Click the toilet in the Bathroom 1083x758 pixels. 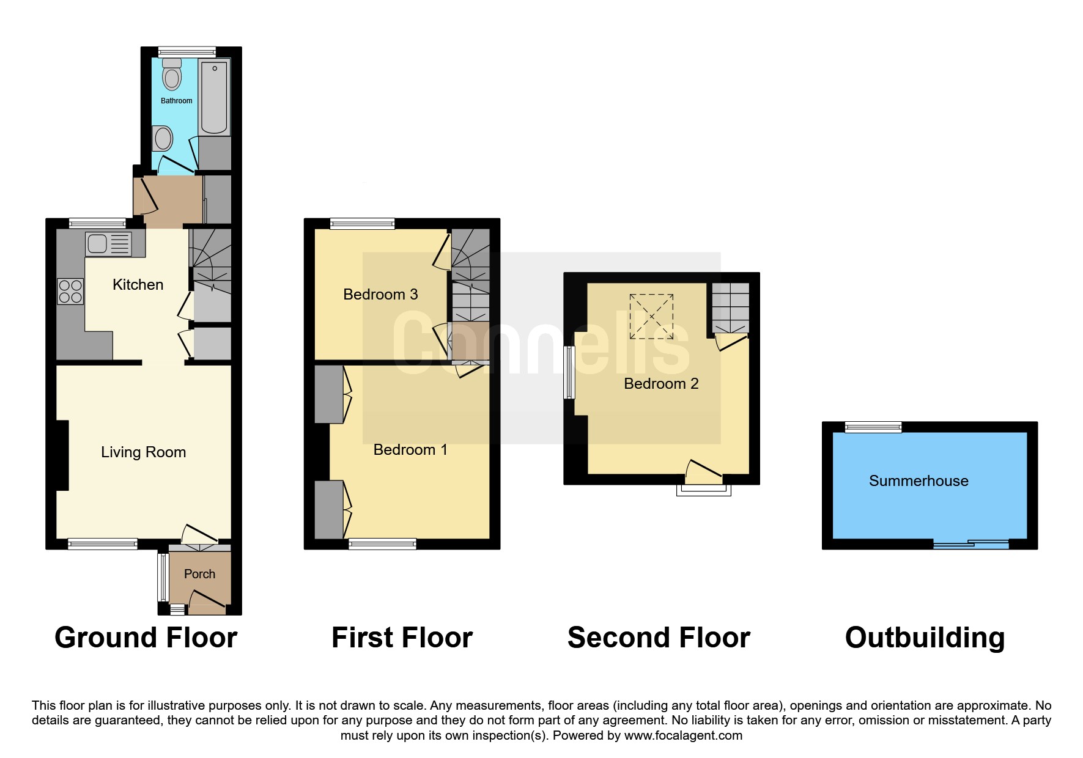[x=172, y=74]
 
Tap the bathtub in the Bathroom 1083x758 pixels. [x=214, y=97]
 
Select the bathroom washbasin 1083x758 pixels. [x=162, y=138]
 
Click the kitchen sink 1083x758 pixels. [x=108, y=244]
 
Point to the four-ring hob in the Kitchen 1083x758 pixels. [x=70, y=291]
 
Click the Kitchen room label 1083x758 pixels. [x=138, y=284]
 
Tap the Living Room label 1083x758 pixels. [x=143, y=452]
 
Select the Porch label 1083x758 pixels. [x=199, y=574]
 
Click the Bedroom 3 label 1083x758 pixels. [x=380, y=295]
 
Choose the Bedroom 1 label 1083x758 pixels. [x=410, y=450]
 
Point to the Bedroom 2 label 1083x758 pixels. [x=661, y=384]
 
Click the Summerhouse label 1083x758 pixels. [x=919, y=481]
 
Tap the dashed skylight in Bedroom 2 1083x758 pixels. [x=651, y=316]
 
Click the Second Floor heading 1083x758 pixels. [x=659, y=638]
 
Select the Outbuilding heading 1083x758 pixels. [x=925, y=638]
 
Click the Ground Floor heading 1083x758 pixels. [x=146, y=638]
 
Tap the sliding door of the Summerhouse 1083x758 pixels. [x=971, y=544]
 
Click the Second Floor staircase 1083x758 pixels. [x=731, y=308]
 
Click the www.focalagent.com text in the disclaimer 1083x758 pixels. [x=683, y=735]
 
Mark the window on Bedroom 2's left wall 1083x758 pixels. [x=570, y=373]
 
